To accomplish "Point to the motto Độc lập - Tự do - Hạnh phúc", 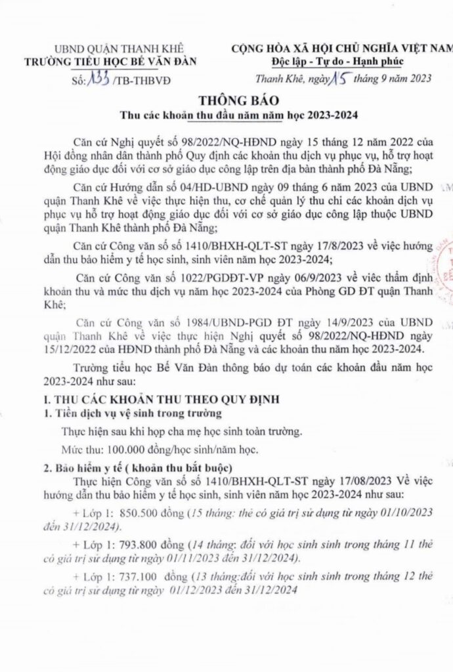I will point(337,62).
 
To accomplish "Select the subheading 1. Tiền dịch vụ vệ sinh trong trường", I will point(129,413).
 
